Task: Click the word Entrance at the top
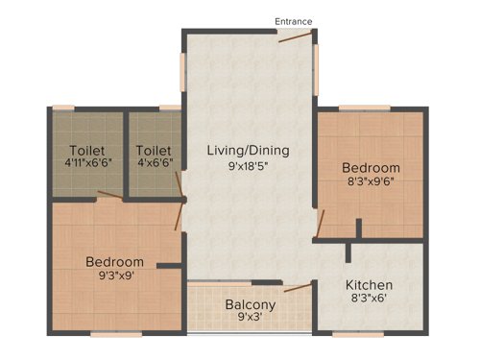[x=293, y=21]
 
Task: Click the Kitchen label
[x=371, y=285]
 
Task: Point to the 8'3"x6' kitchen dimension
[x=371, y=300]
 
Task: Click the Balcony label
[x=251, y=304]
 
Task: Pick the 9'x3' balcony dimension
[x=251, y=319]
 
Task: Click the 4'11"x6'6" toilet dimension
[x=87, y=165]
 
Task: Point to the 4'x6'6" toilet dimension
[x=154, y=165]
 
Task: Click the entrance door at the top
[x=294, y=37]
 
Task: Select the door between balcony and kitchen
[x=299, y=287]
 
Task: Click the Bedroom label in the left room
[x=114, y=261]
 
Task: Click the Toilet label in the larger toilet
[x=87, y=151]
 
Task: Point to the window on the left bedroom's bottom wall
[x=105, y=333]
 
